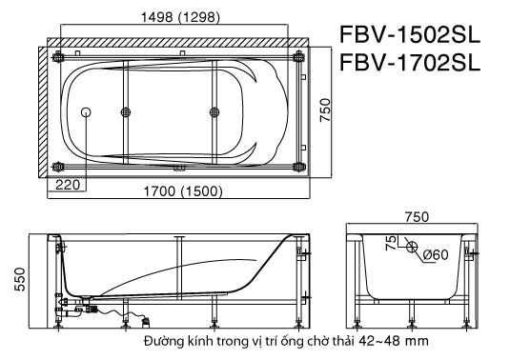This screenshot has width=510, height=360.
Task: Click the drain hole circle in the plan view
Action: click(x=88, y=112)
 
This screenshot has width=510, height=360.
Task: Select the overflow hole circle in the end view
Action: click(x=411, y=250)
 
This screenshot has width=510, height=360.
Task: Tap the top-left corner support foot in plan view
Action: click(x=61, y=56)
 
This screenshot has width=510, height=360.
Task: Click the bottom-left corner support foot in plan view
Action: click(x=61, y=168)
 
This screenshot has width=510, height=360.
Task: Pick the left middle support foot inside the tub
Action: click(x=125, y=112)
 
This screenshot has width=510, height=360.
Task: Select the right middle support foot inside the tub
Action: click(x=214, y=112)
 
